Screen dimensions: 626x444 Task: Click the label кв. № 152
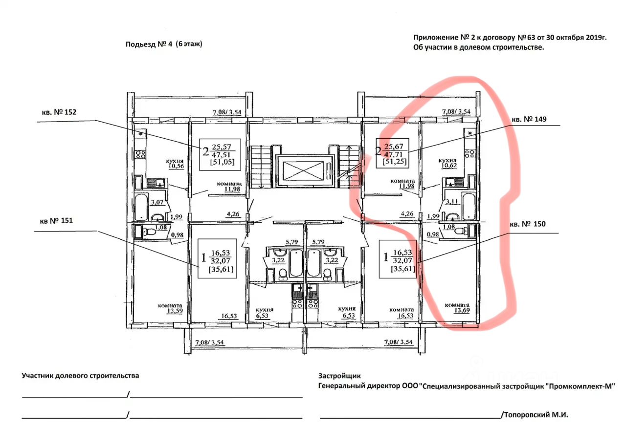(x=59, y=112)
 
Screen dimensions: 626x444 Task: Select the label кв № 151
(x=56, y=220)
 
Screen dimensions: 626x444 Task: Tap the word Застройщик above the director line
(x=339, y=376)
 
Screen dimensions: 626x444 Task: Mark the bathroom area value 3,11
(x=452, y=201)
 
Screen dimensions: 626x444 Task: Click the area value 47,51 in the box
(x=221, y=155)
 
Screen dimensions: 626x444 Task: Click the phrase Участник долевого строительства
(x=80, y=376)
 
